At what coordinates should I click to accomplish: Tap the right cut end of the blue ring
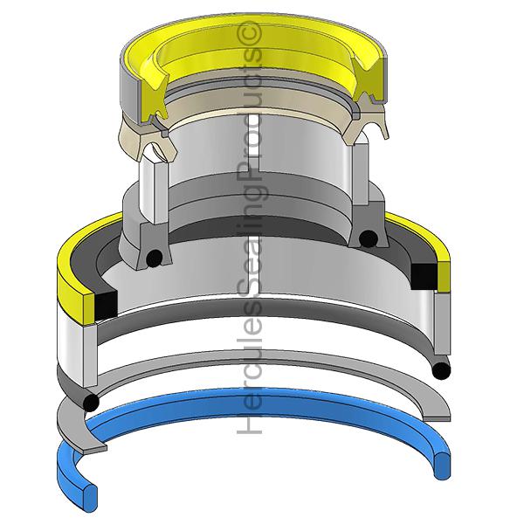coord(442,465)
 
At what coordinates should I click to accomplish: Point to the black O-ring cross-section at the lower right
coord(441,370)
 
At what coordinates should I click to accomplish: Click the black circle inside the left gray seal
coord(155,259)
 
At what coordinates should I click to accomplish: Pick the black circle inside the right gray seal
coord(368,238)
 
